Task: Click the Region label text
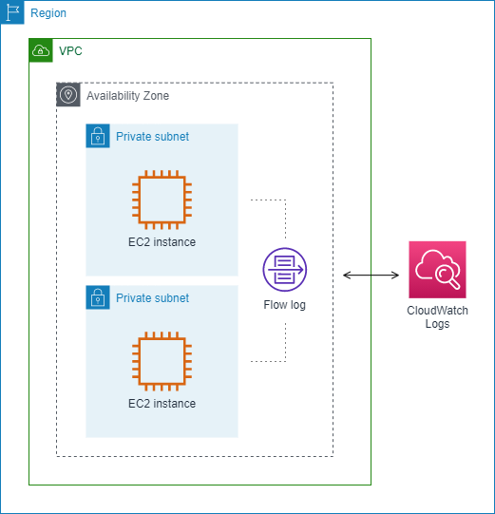tap(48, 13)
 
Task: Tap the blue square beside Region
tap(12, 12)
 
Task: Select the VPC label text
tap(70, 50)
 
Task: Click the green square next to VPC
tap(41, 50)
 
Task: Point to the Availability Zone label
tap(127, 96)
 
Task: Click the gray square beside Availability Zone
tap(68, 95)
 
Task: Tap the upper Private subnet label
tap(152, 137)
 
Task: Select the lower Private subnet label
tap(152, 298)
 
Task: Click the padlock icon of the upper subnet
tap(97, 136)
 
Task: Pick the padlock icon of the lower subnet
tap(97, 297)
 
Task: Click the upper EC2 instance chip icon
tap(162, 200)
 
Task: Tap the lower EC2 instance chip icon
tap(162, 362)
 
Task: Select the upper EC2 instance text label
tap(162, 242)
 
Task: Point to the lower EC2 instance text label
tap(162, 404)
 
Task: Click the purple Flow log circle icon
tap(285, 270)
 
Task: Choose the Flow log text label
tap(285, 305)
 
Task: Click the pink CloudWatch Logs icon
tap(437, 269)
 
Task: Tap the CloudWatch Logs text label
tap(437, 317)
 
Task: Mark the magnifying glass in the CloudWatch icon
tap(446, 276)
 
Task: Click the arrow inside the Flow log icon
tap(295, 270)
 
